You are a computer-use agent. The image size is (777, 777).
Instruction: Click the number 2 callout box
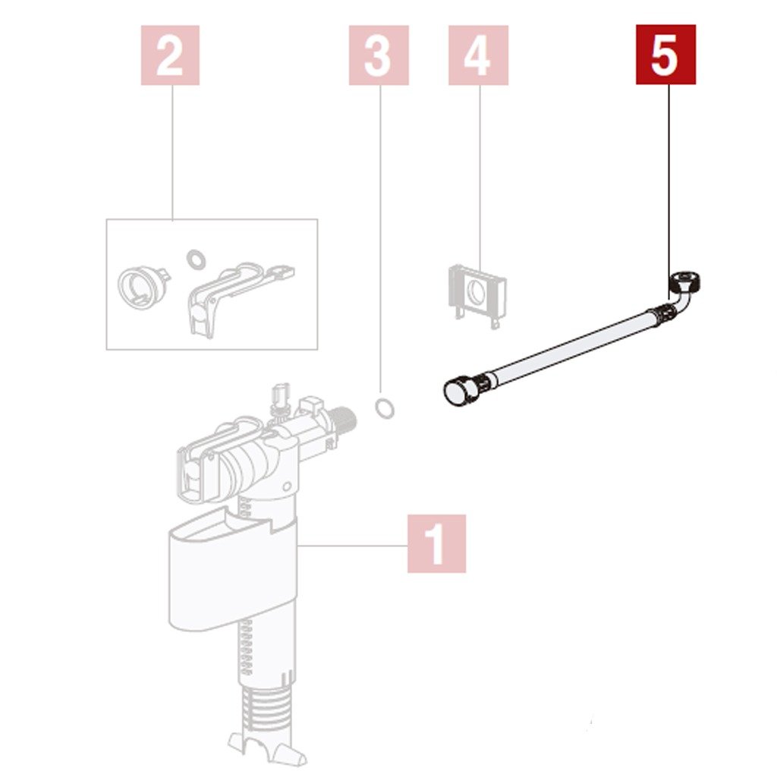170,55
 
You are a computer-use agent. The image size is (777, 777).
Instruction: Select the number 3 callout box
379,55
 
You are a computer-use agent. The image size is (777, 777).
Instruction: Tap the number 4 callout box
478,55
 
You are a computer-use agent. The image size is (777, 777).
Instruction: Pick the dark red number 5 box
666,55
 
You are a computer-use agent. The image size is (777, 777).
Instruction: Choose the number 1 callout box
436,543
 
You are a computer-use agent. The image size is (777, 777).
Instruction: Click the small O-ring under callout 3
385,407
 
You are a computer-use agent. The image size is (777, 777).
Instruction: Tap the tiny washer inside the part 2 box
197,260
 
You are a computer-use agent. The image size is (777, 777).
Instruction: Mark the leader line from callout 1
353,545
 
